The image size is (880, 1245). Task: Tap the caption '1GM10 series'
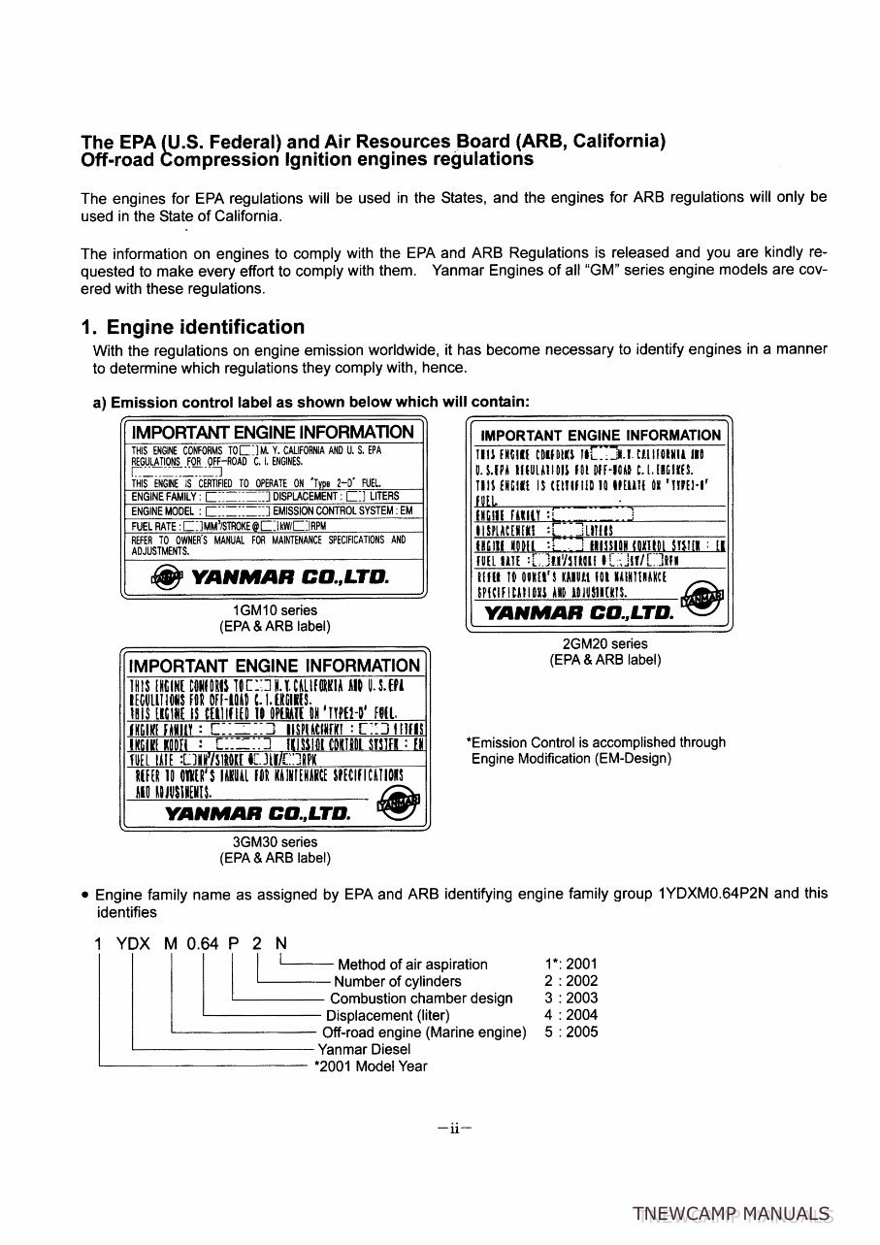[x=275, y=610]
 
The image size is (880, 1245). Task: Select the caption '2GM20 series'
[x=604, y=643]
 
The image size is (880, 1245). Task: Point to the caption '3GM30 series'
[x=275, y=841]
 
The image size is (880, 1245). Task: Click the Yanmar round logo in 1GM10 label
[x=160, y=577]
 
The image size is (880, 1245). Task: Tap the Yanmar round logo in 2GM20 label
[x=703, y=600]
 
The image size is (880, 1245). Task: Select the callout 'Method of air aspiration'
[x=412, y=964]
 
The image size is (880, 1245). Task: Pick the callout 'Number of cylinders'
[x=397, y=981]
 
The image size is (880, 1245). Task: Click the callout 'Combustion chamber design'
[x=421, y=999]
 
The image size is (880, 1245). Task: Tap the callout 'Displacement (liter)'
[x=387, y=1015]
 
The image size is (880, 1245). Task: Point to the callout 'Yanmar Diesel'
[x=364, y=1049]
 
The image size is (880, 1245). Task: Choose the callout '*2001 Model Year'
[x=371, y=1065]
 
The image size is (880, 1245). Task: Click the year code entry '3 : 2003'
[x=571, y=999]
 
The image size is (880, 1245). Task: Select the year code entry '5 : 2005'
[x=571, y=1032]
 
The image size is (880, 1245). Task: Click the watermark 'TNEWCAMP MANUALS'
[x=731, y=1214]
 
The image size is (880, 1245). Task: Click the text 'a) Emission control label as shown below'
[x=310, y=401]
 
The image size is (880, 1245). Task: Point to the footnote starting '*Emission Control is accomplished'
[x=596, y=750]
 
